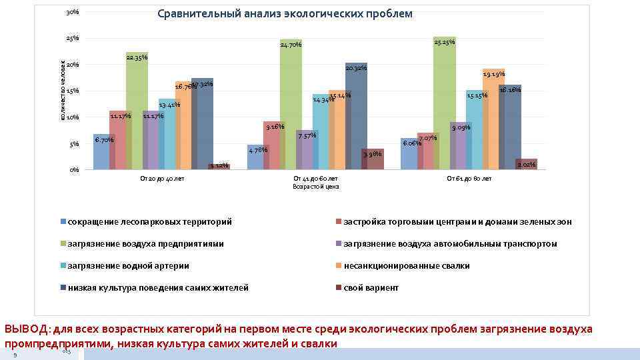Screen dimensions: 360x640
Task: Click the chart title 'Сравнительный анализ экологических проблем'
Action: (x=285, y=14)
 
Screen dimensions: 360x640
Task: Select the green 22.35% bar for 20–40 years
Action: (x=137, y=113)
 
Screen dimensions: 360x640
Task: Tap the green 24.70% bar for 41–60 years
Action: (x=291, y=107)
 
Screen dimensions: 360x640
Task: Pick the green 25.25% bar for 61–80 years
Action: (x=443, y=103)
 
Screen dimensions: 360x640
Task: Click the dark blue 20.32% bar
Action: (x=356, y=117)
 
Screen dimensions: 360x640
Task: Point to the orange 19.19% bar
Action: (x=493, y=120)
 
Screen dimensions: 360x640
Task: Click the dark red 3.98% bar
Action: (x=373, y=160)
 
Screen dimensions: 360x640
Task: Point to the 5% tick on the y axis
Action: (x=75, y=144)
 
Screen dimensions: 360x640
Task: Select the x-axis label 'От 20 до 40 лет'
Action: (x=161, y=179)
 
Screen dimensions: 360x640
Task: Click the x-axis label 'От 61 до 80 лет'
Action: (x=469, y=179)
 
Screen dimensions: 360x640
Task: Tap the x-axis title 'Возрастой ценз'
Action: (x=316, y=187)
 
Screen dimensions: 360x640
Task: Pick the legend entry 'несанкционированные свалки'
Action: (x=406, y=265)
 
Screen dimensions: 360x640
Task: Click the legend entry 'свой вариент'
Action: (x=371, y=287)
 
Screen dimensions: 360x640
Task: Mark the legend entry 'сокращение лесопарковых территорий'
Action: (x=149, y=221)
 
